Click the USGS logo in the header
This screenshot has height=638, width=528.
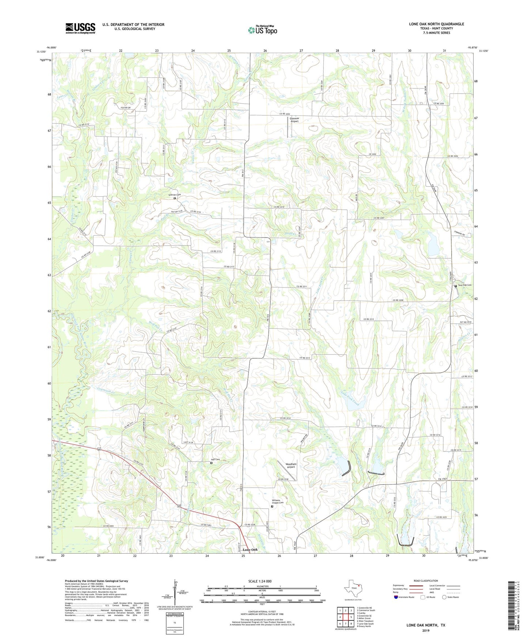tap(80, 28)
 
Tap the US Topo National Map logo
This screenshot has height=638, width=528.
tap(262, 30)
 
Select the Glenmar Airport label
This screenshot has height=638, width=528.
tap(294, 120)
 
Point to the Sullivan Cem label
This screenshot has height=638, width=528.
tap(174, 195)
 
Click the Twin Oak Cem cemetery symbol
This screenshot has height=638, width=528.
tap(456, 286)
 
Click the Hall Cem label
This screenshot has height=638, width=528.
tap(215, 460)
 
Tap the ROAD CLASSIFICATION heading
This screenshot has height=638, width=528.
tap(425, 581)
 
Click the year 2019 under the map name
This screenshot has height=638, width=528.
tap(426, 630)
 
